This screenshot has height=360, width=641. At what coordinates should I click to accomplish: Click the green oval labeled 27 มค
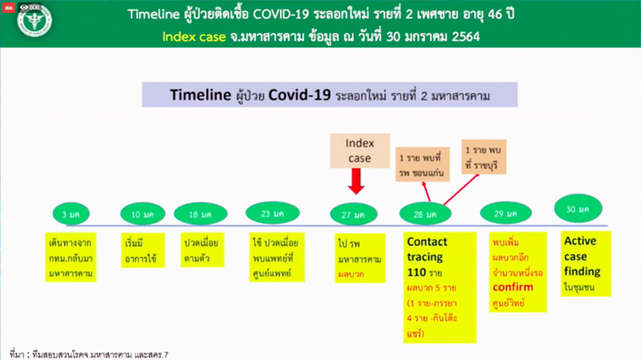click(354, 214)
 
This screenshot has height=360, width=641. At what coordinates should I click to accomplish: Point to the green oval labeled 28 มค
click(425, 214)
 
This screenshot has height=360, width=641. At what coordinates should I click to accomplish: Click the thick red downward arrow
click(354, 184)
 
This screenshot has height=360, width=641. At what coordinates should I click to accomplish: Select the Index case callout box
click(354, 150)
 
